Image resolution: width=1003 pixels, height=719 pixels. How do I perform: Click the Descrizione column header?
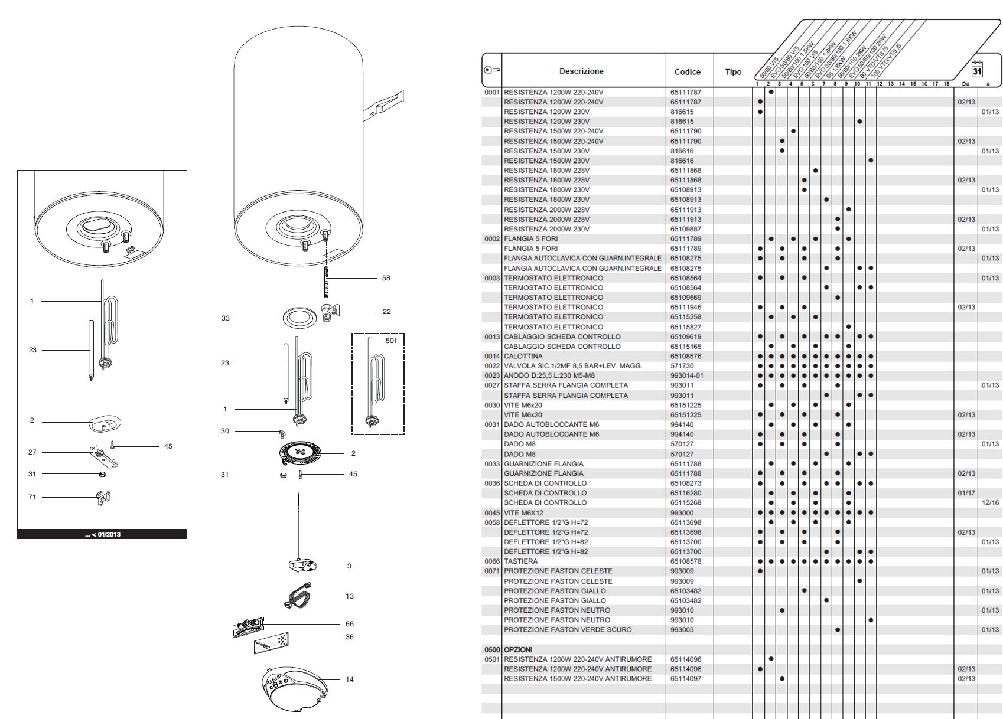tap(581, 71)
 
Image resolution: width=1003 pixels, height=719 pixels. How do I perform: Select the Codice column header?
tap(687, 72)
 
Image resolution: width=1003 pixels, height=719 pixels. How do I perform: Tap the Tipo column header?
tap(733, 72)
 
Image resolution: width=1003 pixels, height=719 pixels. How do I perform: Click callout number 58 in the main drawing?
tap(386, 278)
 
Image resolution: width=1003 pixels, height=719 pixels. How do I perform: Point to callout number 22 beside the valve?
tap(386, 312)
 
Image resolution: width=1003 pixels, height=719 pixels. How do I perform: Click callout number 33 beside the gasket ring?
tap(225, 318)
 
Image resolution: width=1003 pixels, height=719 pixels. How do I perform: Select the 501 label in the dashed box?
tap(391, 341)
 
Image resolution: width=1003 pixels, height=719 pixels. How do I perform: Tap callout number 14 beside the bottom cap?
tap(350, 679)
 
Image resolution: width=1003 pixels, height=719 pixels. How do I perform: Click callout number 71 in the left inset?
tap(32, 497)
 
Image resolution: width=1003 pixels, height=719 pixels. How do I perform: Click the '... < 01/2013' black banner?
tap(102, 534)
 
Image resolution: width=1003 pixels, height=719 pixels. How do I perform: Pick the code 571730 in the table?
tap(682, 366)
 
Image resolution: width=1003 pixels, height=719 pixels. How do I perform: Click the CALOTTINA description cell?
tap(523, 357)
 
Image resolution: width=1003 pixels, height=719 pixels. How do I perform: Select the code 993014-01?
tap(687, 376)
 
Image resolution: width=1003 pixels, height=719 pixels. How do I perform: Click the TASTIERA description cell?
tap(520, 561)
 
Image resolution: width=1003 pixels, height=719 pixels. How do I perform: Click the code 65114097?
tap(686, 679)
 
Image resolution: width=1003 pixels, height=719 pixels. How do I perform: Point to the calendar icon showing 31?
tap(977, 69)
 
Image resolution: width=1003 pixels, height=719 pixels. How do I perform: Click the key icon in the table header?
tap(491, 70)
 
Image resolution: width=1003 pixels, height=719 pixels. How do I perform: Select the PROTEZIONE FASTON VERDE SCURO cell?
tap(567, 630)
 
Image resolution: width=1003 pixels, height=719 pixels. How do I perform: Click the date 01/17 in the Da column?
tap(966, 493)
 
